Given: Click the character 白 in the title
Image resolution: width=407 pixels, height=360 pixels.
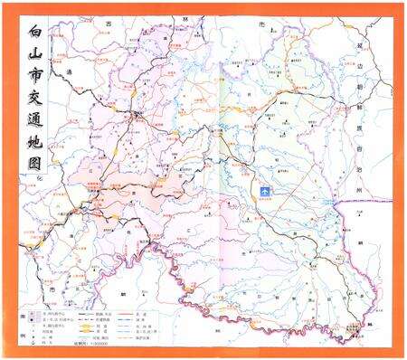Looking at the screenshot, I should pos(36,34).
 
